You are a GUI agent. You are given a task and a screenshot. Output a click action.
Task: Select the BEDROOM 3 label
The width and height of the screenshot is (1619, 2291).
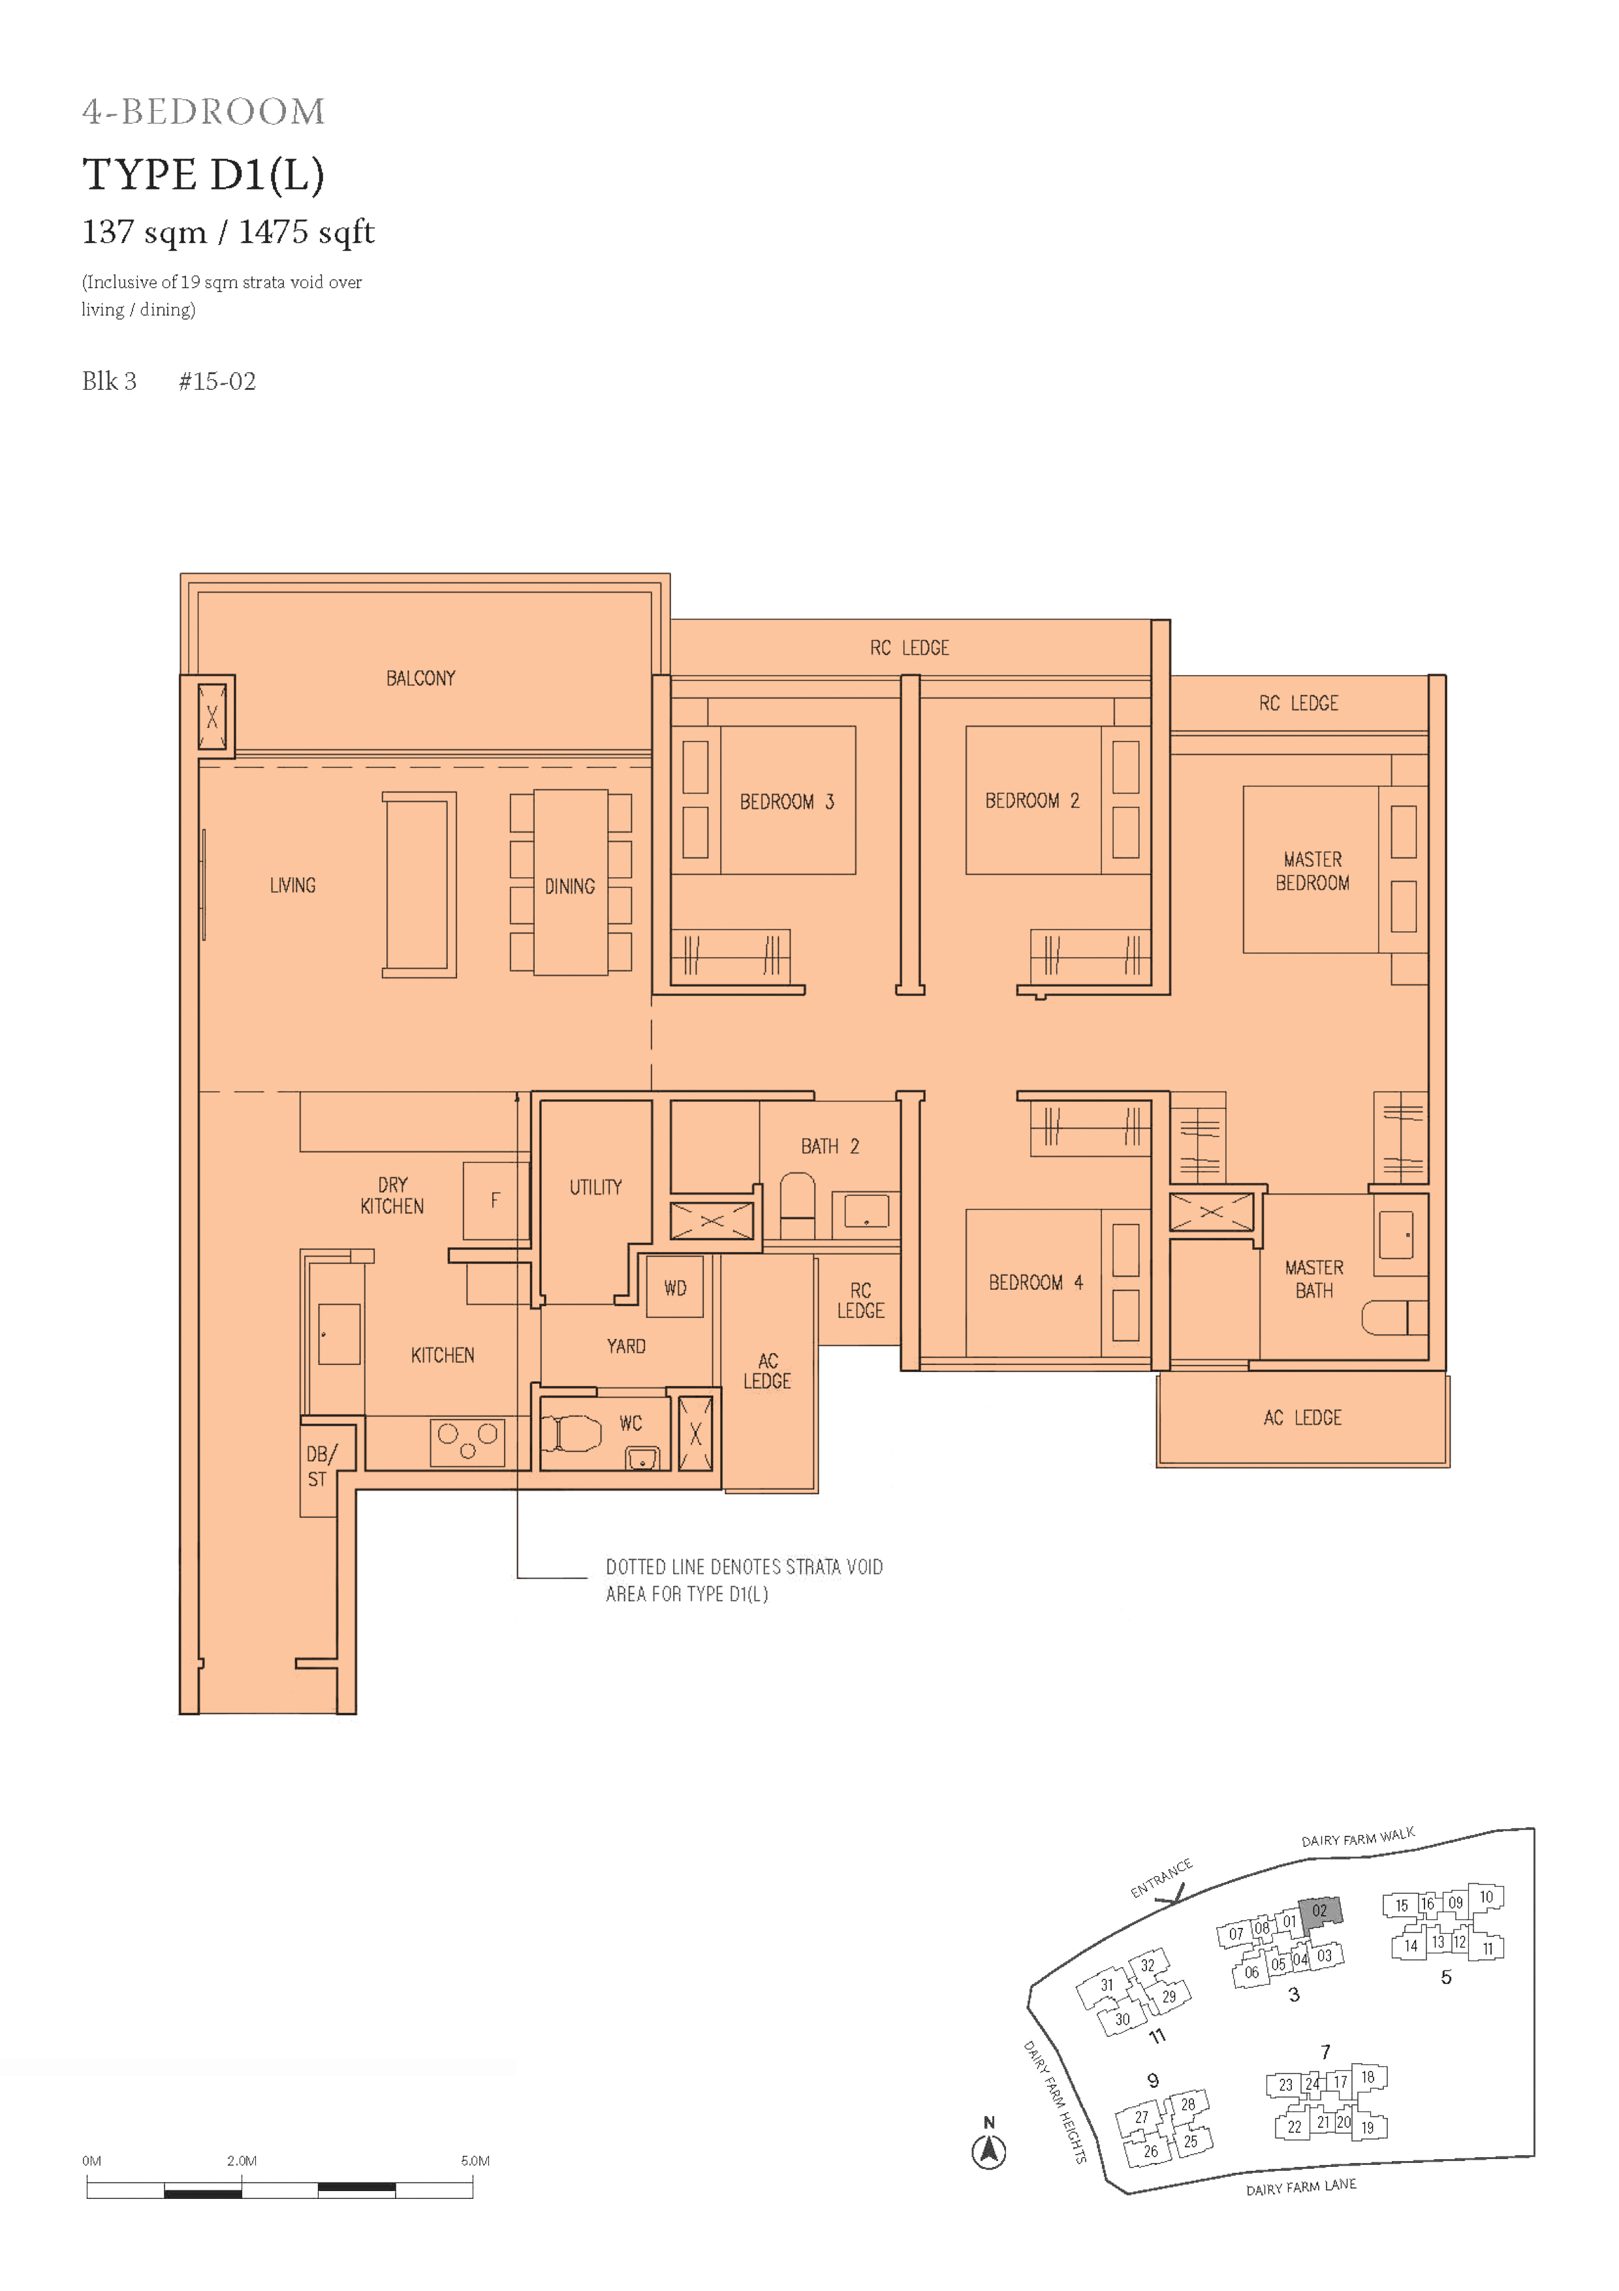click(x=786, y=801)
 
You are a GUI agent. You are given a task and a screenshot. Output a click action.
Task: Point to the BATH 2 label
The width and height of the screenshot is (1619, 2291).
click(x=830, y=1147)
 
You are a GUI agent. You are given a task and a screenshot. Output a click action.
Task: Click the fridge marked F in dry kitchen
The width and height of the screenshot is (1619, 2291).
click(x=495, y=1200)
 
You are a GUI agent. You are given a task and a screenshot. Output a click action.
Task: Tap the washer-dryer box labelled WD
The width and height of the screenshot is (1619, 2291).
click(x=675, y=1287)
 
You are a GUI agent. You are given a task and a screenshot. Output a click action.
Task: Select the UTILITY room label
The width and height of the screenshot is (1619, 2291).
click(x=595, y=1187)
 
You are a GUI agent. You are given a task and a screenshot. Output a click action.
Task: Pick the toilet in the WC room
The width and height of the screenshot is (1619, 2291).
click(x=572, y=1434)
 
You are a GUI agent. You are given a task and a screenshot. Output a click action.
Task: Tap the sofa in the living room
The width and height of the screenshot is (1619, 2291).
click(x=419, y=885)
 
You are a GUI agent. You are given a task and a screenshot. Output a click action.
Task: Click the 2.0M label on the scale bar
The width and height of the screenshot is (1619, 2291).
click(x=242, y=2161)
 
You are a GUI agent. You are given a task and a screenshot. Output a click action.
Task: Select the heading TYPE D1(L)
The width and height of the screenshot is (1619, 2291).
click(x=204, y=174)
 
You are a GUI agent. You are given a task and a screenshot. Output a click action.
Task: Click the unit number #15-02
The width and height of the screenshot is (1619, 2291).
click(x=217, y=382)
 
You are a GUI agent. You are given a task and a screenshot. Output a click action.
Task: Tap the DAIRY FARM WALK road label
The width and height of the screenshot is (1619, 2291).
click(x=1358, y=1837)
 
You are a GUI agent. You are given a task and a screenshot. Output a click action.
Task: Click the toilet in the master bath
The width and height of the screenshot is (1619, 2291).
click(x=1394, y=1317)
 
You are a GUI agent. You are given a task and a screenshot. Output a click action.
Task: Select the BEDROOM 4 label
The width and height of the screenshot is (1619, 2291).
click(x=1035, y=1283)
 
